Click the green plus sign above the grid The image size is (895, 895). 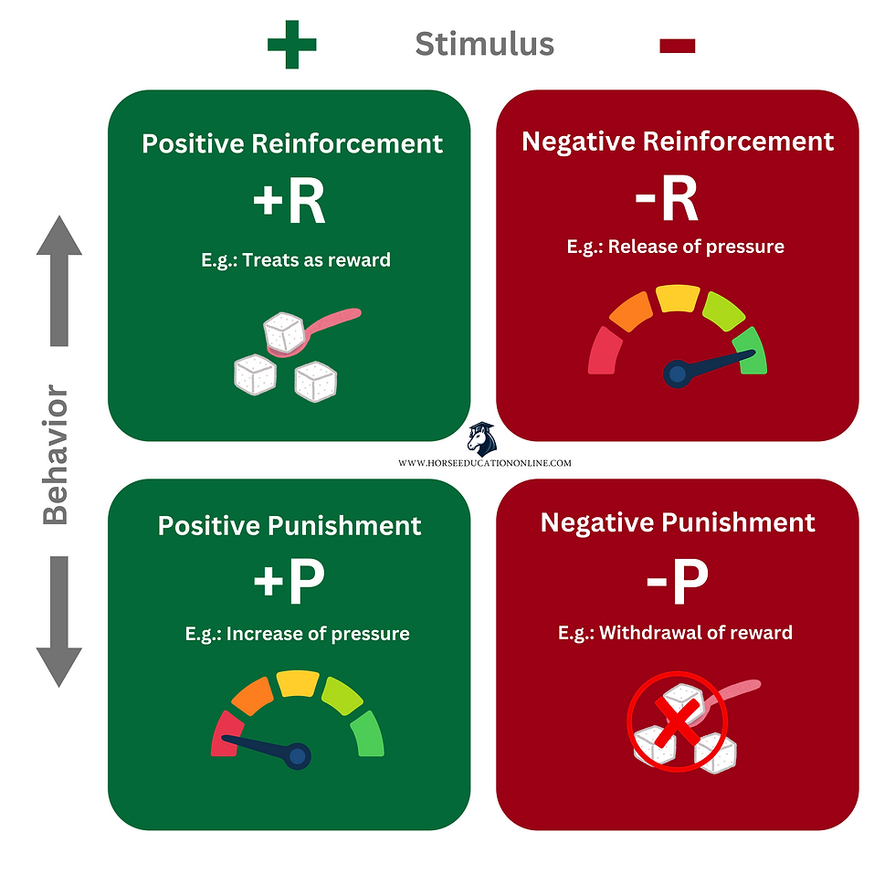[x=291, y=45]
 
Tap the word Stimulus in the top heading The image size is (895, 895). [x=485, y=44]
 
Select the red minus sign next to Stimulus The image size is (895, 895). [x=677, y=46]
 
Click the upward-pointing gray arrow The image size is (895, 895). [x=59, y=280]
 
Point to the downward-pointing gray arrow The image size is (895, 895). [x=59, y=622]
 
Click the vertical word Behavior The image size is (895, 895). [x=56, y=455]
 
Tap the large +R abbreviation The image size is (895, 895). [x=290, y=201]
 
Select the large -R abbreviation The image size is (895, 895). [x=666, y=198]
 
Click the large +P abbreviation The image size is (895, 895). [x=290, y=581]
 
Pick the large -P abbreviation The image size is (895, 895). [x=677, y=581]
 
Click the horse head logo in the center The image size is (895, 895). [x=482, y=439]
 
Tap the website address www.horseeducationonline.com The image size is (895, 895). [x=485, y=463]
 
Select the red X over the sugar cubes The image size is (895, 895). [x=677, y=721]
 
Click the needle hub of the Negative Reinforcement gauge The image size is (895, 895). [x=677, y=374]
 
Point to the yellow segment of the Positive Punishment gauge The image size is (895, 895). [x=298, y=683]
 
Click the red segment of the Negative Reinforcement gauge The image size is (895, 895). [x=605, y=351]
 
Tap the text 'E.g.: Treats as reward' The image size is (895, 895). [x=296, y=260]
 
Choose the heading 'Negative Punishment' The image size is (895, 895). [x=678, y=522]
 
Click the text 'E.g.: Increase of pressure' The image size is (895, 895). [x=298, y=634]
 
